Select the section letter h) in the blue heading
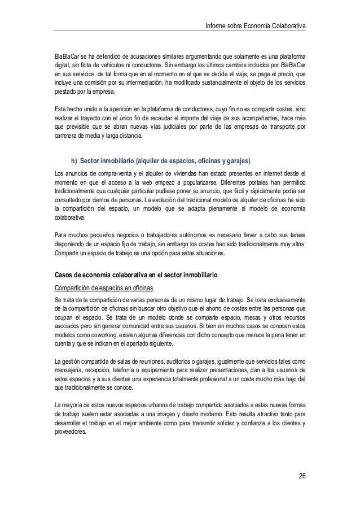(74, 157)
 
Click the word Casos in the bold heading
(64, 275)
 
